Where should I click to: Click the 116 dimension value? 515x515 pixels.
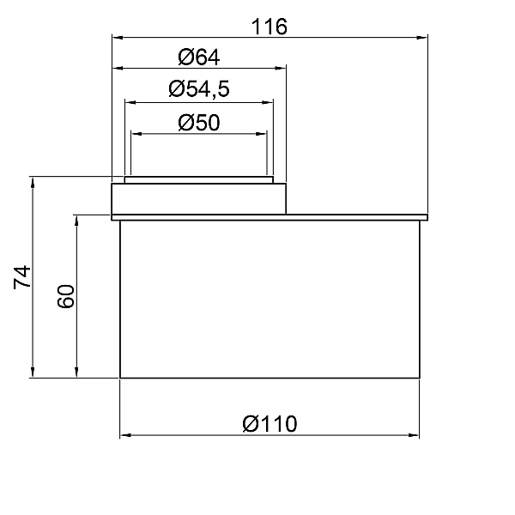pyautogui.click(x=270, y=27)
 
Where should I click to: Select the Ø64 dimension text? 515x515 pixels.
pyautogui.click(x=199, y=58)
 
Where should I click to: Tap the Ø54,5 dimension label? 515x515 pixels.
pyautogui.click(x=199, y=89)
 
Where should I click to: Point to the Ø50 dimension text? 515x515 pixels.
pyautogui.click(x=199, y=123)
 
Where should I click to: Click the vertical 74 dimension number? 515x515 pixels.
pyautogui.click(x=22, y=277)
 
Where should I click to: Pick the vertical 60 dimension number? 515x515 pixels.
pyautogui.click(x=66, y=296)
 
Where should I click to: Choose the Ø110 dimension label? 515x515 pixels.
pyautogui.click(x=270, y=424)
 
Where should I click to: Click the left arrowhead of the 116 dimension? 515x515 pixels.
pyautogui.click(x=118, y=38)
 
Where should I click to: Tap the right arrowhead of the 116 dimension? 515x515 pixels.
pyautogui.click(x=422, y=38)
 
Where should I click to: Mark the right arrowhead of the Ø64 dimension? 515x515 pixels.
pyautogui.click(x=281, y=69)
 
